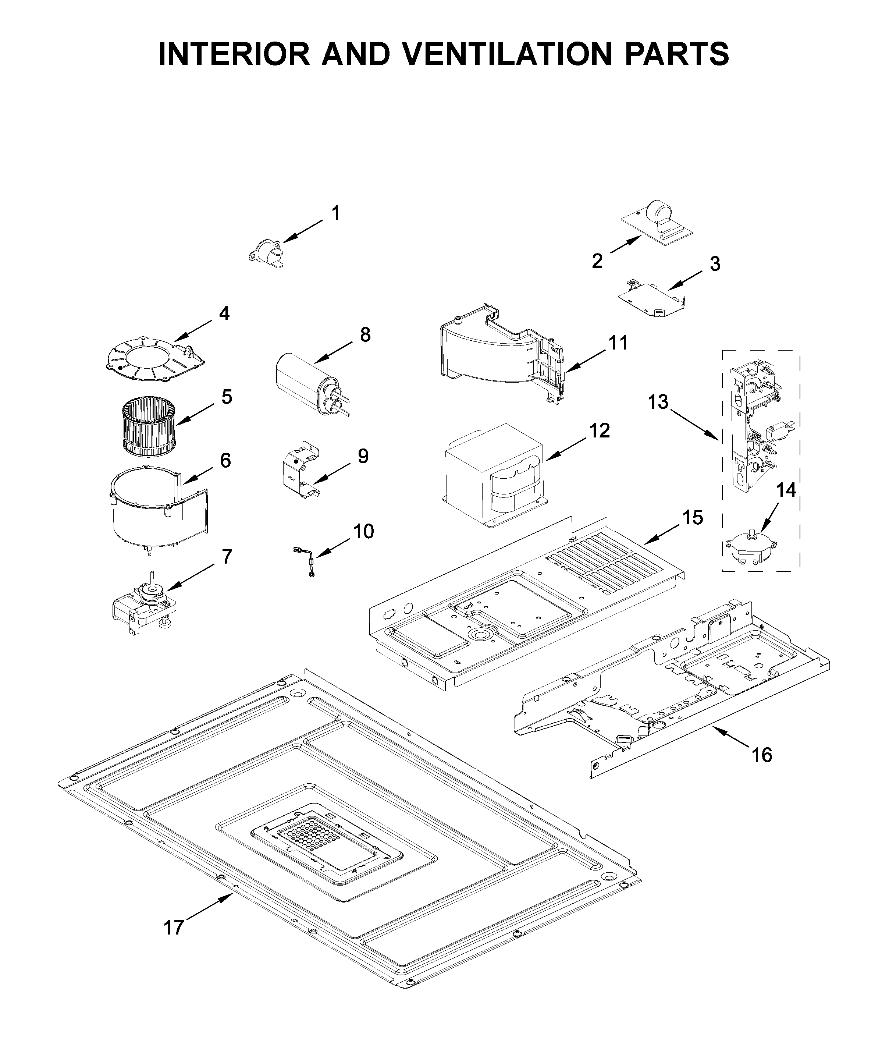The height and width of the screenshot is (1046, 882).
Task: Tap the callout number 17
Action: (x=174, y=928)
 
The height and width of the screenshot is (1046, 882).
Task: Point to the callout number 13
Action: (x=658, y=402)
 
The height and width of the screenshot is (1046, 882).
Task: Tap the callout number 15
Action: (x=693, y=518)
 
